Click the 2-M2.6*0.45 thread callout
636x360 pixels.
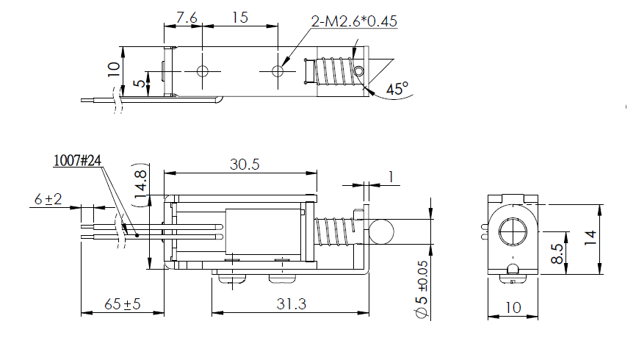pyautogui.click(x=354, y=21)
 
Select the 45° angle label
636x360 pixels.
pyautogui.click(x=397, y=89)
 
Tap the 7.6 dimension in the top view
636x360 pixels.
pyautogui.click(x=187, y=18)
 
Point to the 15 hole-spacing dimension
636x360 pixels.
pyautogui.click(x=239, y=18)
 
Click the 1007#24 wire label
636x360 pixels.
pyautogui.click(x=77, y=161)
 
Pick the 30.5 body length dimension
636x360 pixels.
pyautogui.click(x=245, y=165)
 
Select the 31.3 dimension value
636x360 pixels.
pyautogui.click(x=292, y=304)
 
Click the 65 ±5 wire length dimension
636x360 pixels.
pyautogui.click(x=123, y=304)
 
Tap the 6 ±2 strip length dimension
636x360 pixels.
pyautogui.click(x=48, y=199)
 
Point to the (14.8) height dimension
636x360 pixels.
pyautogui.click(x=140, y=184)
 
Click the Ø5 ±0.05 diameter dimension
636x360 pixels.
pyautogui.click(x=422, y=289)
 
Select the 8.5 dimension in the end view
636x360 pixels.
pyautogui.click(x=557, y=253)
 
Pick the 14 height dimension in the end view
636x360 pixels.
pyautogui.click(x=590, y=238)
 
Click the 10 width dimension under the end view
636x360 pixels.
pyautogui.click(x=513, y=308)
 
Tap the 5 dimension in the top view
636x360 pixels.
pyautogui.click(x=139, y=83)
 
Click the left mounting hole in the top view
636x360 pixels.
pyautogui.click(x=203, y=71)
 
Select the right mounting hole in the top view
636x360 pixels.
pyautogui.click(x=278, y=71)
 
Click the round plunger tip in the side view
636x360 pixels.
pyautogui.click(x=381, y=231)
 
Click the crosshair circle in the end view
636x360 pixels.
pyautogui.click(x=513, y=232)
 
